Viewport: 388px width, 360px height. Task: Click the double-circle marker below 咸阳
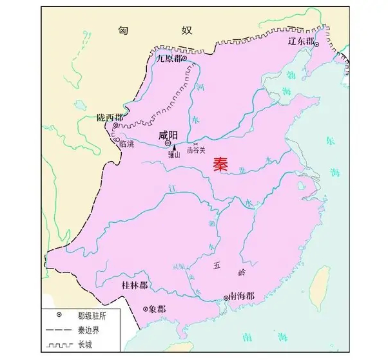168,144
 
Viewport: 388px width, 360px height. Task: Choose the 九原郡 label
169,58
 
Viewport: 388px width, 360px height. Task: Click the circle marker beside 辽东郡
316,42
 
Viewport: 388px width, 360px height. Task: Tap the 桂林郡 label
135,284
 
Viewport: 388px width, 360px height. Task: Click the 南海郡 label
241,296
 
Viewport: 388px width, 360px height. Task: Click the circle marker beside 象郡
146,308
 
